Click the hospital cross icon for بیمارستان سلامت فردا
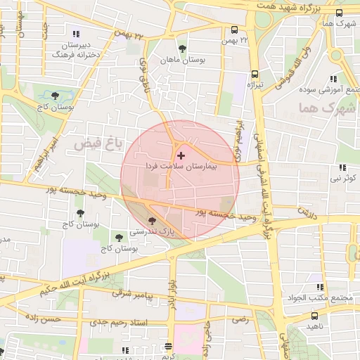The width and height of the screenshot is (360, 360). pos(181,155)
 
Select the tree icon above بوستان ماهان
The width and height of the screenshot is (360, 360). pos(183,49)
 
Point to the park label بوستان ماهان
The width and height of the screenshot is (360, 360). pos(183,60)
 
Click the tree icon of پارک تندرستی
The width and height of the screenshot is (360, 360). pos(152,221)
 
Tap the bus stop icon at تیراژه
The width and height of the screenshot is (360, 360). pos(255,73)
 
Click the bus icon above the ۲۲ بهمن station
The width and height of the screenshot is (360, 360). pos(233,30)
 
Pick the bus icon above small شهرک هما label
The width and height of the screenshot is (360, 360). pos(340,12)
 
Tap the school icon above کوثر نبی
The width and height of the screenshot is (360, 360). pos(342,168)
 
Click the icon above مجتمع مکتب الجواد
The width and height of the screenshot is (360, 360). pos(321,287)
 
